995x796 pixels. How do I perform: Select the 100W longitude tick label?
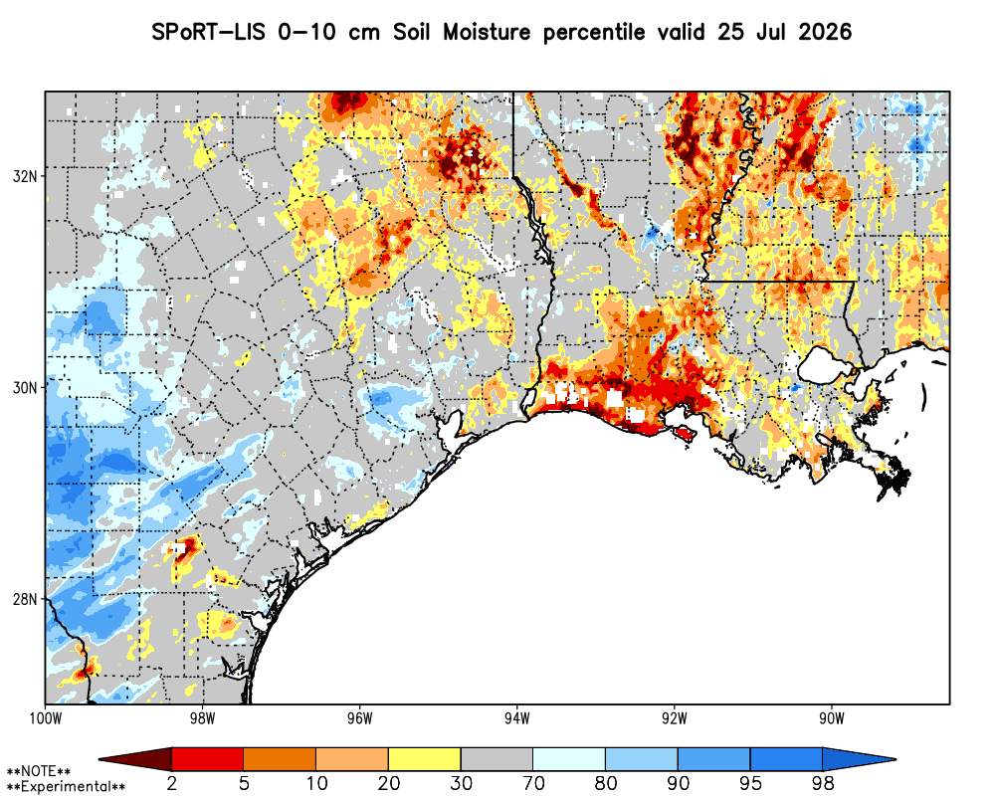click(x=45, y=718)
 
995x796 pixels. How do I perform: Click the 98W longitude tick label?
click(x=202, y=718)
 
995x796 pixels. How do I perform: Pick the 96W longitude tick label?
click(x=360, y=718)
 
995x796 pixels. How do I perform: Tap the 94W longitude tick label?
click(x=517, y=718)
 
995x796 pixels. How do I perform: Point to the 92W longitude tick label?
click(x=675, y=718)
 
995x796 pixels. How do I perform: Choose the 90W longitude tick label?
click(x=832, y=718)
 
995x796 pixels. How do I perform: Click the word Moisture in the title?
click(x=487, y=32)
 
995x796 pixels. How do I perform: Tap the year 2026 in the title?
click(x=824, y=32)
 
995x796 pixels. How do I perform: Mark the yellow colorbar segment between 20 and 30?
click(x=425, y=759)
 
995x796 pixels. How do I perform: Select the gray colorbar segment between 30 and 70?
click(x=497, y=759)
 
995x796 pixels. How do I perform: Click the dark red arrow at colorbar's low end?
click(x=135, y=759)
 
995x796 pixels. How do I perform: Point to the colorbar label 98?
click(x=823, y=783)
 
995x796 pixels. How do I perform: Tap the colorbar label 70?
click(x=533, y=783)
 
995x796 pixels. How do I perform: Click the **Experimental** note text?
click(x=66, y=787)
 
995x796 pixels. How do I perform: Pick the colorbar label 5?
click(x=244, y=783)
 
